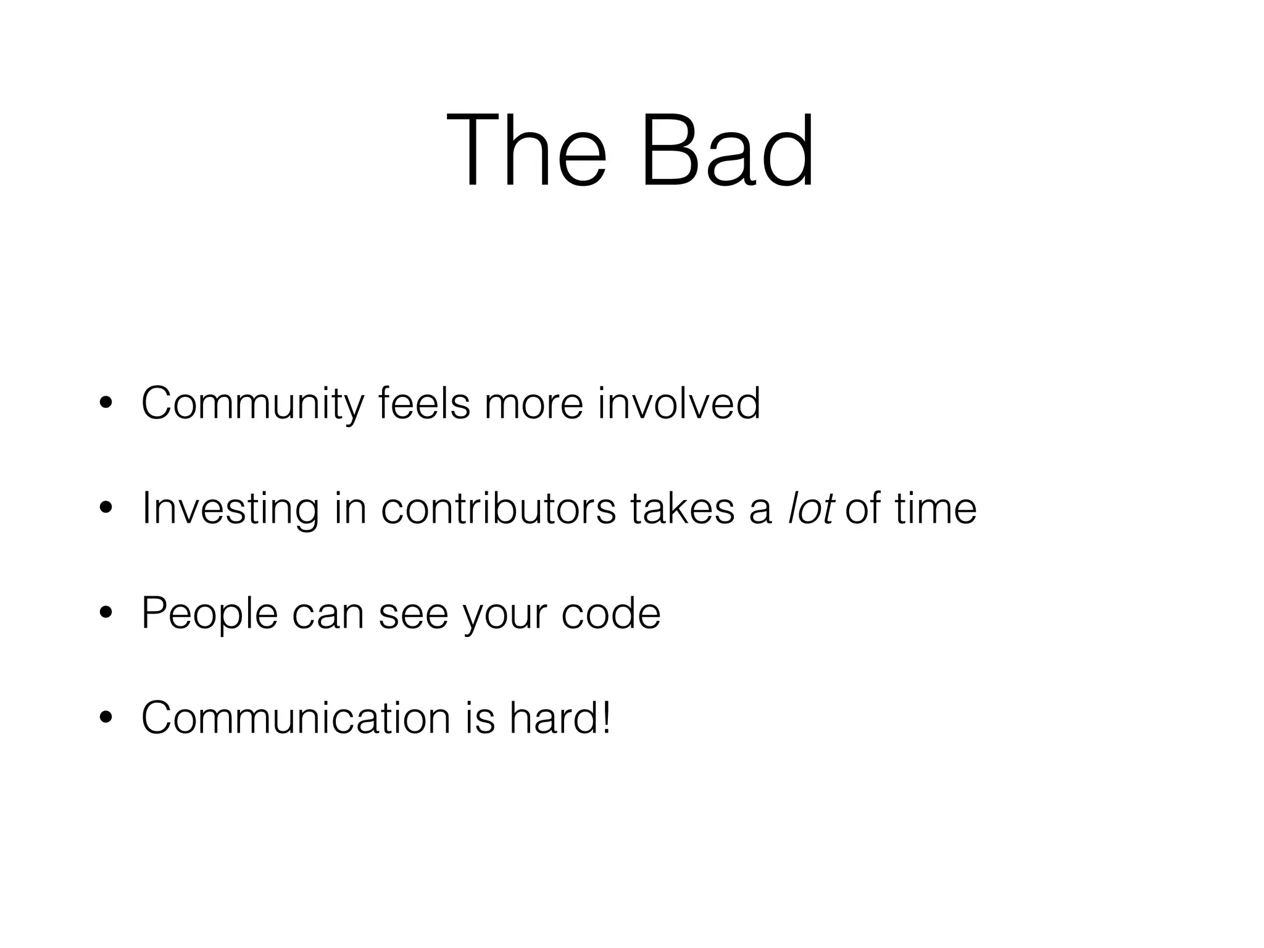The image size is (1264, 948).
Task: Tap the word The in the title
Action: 526,150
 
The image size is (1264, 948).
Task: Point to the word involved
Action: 679,403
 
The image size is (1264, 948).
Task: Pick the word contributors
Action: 499,508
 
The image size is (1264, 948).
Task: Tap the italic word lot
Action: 811,508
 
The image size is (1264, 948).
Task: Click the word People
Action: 209,613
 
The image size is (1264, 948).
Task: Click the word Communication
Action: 296,718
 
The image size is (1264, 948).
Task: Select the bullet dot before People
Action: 106,613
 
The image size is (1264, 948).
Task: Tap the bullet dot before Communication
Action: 106,718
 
